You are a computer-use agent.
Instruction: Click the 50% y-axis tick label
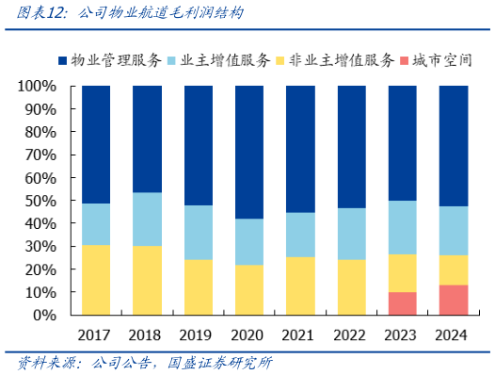pyautogui.click(x=40, y=201)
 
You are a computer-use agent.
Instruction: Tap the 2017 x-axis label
pyautogui.click(x=96, y=334)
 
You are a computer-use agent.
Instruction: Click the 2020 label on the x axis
pyautogui.click(x=249, y=334)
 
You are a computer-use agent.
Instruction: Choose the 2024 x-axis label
pyautogui.click(x=455, y=334)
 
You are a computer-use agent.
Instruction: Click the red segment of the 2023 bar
pyautogui.click(x=403, y=303)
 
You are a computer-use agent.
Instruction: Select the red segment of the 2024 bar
pyautogui.click(x=455, y=300)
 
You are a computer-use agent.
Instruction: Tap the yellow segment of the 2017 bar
pyautogui.click(x=96, y=280)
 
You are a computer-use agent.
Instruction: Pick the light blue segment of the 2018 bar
pyautogui.click(x=147, y=219)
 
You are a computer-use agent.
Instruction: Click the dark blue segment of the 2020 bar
pyautogui.click(x=249, y=152)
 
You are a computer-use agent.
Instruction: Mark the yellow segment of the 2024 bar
pyautogui.click(x=455, y=269)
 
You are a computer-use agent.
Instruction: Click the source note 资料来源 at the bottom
pyautogui.click(x=141, y=363)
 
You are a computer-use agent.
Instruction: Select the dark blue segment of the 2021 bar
pyautogui.click(x=300, y=149)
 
